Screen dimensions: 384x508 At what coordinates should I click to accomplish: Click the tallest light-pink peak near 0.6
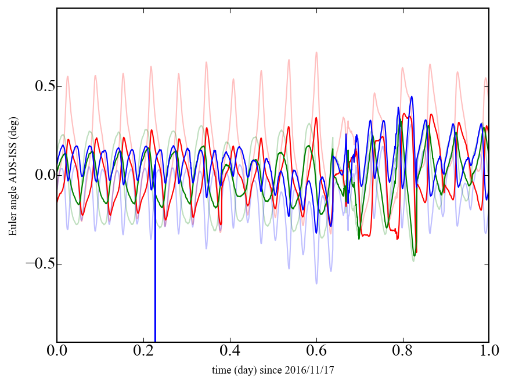[316, 52]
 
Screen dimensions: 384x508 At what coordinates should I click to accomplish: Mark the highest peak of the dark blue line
[412, 96]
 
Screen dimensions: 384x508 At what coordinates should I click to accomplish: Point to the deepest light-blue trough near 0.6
[316, 284]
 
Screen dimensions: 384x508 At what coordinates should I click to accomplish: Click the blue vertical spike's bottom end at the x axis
[155, 341]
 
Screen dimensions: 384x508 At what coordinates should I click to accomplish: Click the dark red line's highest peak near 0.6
[316, 118]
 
